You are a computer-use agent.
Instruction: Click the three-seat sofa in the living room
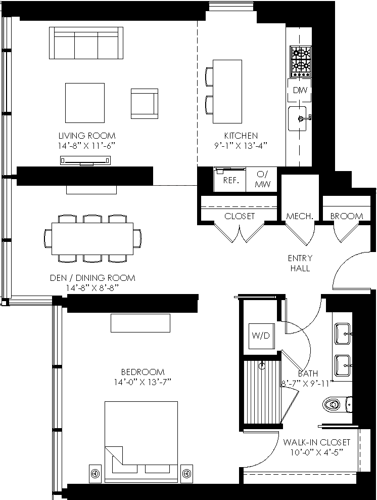pos(86,43)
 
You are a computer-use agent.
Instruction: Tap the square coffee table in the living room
pos(85,103)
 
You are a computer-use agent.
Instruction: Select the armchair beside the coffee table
pos(145,104)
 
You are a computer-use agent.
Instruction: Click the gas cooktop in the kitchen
pos(300,62)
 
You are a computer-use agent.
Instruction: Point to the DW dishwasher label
pos(300,90)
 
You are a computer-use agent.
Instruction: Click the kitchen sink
pos(297,118)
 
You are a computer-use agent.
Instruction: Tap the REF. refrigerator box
pos(230,180)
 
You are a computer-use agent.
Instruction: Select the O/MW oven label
pos(263,179)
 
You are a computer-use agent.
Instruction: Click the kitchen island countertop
pos(227,92)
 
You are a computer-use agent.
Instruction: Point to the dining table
pos(92,238)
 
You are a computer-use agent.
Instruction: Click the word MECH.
pos(300,216)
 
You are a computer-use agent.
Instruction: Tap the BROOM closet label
pos(347,216)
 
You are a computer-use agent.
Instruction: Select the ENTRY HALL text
pos(300,263)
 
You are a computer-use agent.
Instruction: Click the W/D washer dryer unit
pos(261,336)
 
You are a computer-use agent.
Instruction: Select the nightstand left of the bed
pos(95,473)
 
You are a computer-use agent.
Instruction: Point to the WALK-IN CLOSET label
pos(316,442)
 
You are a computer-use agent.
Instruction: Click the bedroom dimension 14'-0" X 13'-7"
pos(143,382)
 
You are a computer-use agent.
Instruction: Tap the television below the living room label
pos(85,161)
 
